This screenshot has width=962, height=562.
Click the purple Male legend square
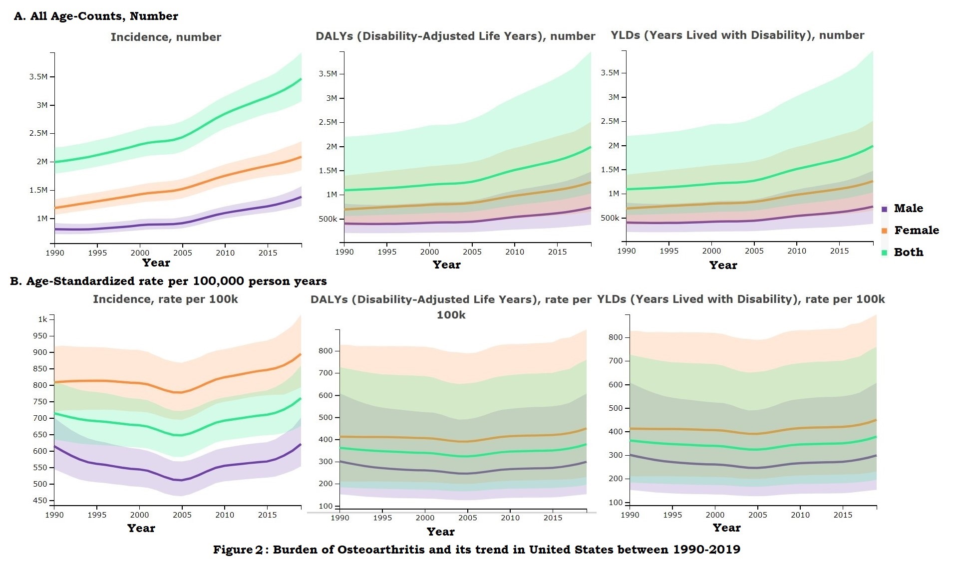pos(885,209)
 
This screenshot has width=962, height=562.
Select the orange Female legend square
pos(885,231)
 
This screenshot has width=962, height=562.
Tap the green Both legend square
pos(885,253)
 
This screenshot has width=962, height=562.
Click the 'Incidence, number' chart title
pos(166,37)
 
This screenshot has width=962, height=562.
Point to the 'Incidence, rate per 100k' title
pos(165,299)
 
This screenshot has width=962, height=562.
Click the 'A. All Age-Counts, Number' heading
pos(96,16)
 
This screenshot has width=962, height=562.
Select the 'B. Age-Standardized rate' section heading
pos(168,281)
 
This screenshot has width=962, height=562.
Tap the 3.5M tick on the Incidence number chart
pos(38,77)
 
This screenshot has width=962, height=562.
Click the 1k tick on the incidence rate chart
pos(43,319)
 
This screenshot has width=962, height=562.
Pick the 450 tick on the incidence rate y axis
pos(40,500)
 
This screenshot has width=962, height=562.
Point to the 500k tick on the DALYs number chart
pos(328,219)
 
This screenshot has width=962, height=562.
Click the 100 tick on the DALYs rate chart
pos(325,506)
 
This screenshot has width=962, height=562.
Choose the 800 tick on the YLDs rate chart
pos(616,337)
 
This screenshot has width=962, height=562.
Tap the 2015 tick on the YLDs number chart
pos(839,251)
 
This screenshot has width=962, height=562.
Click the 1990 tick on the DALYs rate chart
pos(340,518)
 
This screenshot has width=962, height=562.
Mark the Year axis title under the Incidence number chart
pos(156,263)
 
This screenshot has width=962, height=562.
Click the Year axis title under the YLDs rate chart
pos(726,528)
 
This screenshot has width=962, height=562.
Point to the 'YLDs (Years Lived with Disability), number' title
pos(737,35)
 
